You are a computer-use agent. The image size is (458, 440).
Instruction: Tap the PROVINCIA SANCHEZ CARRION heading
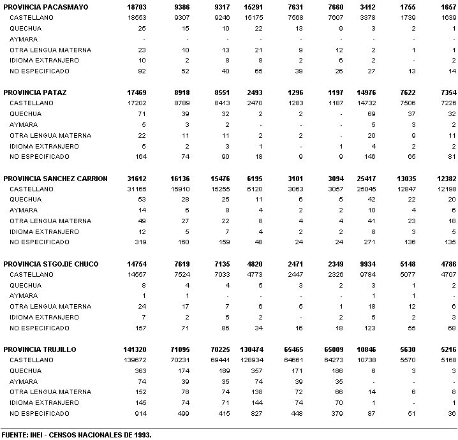(55, 179)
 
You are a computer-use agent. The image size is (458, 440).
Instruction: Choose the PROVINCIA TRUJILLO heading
(40, 349)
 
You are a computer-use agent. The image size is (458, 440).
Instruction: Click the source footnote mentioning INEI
(76, 434)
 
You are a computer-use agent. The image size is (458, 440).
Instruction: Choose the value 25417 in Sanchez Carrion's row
(384, 179)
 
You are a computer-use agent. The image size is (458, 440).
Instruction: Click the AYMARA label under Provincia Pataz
(24, 125)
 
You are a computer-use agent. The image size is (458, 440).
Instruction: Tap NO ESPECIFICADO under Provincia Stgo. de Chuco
(40, 328)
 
